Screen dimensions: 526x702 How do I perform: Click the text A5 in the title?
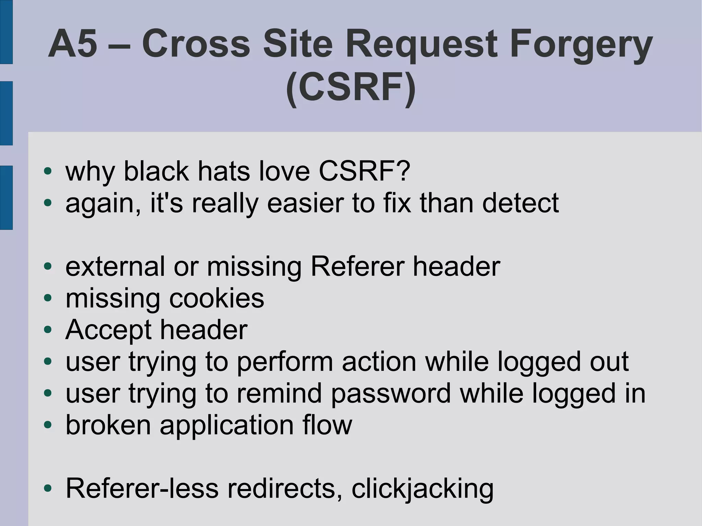click(x=73, y=44)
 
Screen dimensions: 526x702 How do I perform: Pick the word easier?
click(x=305, y=203)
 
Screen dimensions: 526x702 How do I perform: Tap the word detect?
click(x=520, y=203)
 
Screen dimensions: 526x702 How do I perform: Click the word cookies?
click(x=217, y=298)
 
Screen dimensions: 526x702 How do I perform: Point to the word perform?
click(x=285, y=362)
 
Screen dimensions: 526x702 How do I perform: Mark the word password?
click(x=391, y=394)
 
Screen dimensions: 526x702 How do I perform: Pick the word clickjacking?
click(x=422, y=489)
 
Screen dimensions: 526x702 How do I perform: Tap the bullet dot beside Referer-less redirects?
click(x=48, y=488)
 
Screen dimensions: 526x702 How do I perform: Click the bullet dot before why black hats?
click(x=48, y=171)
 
